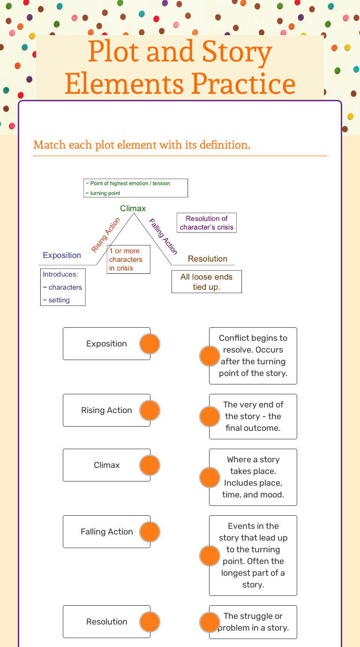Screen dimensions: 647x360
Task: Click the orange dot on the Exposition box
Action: point(150,344)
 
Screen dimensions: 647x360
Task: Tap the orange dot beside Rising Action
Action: point(150,410)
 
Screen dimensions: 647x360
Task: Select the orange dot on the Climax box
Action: point(150,465)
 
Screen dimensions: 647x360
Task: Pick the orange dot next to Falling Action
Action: point(150,532)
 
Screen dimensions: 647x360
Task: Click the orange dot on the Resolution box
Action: point(150,622)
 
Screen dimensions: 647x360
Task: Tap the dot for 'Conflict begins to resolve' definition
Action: point(210,356)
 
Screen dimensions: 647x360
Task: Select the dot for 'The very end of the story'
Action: point(210,416)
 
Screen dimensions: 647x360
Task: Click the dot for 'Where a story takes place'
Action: point(210,477)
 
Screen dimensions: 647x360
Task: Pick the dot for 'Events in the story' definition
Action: point(210,556)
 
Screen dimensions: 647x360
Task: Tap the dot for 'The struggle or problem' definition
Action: point(210,622)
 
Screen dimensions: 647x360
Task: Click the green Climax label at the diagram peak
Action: point(133,208)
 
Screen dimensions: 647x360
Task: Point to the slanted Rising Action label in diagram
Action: point(105,235)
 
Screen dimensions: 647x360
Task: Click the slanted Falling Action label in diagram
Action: point(163,236)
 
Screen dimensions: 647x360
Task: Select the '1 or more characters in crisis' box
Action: point(128,259)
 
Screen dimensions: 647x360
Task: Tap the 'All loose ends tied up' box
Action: point(206,281)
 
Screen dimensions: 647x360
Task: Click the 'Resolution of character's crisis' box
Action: point(206,223)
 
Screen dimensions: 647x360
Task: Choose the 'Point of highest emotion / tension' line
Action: point(127,183)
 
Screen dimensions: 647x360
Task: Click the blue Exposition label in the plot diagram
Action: point(62,255)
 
